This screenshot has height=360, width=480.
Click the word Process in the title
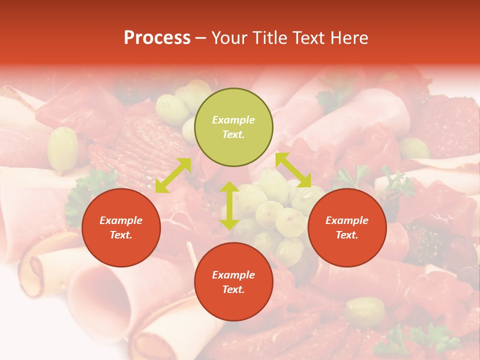[157, 38]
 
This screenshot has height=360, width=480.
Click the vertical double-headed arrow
[229, 205]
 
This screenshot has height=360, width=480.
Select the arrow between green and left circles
[173, 175]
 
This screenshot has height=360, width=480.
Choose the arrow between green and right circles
[293, 170]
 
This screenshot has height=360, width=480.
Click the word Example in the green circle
[233, 120]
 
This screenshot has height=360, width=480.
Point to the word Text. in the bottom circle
[233, 289]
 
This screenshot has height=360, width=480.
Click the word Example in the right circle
[347, 220]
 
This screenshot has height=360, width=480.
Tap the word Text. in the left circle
[121, 235]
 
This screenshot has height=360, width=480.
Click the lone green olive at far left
[63, 148]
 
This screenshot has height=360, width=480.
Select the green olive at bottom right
[364, 311]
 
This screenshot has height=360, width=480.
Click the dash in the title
[200, 38]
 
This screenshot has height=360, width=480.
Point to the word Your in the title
[229, 38]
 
